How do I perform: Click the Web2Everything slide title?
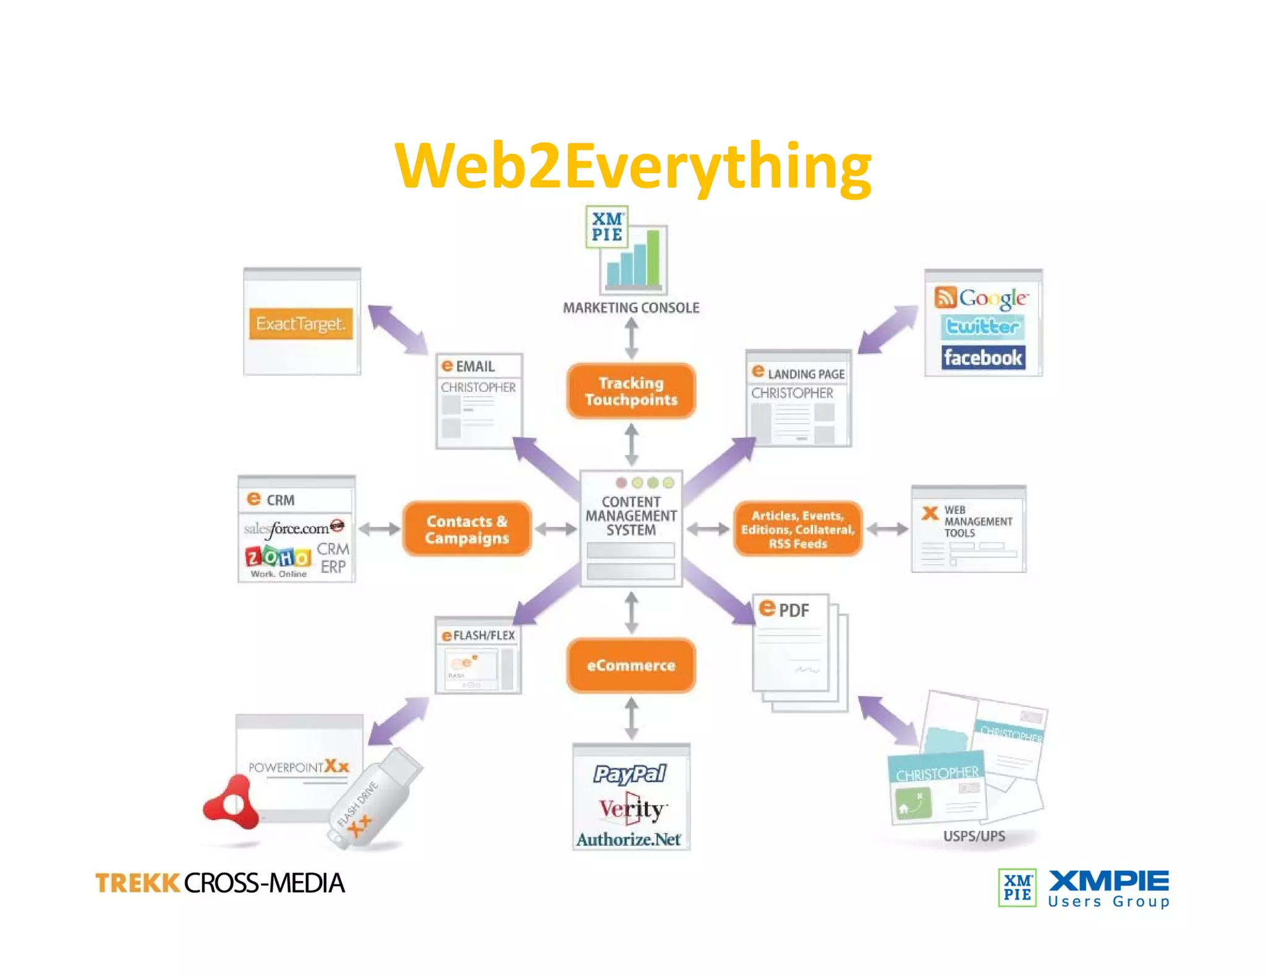pos(632,166)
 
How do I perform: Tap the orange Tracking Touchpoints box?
pos(631,391)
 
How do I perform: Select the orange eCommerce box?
pos(631,665)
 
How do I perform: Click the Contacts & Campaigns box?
pos(467,529)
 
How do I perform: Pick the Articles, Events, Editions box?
pos(797,529)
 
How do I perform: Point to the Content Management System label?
pos(631,516)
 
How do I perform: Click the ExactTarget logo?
pos(301,323)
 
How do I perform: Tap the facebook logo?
pos(983,357)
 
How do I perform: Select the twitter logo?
pos(983,326)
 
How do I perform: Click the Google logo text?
pos(993,299)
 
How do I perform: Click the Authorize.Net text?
pos(629,839)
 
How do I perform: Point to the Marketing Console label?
pos(631,307)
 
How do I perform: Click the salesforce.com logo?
pos(291,528)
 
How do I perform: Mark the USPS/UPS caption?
pos(974,836)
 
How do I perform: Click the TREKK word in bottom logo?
pos(137,883)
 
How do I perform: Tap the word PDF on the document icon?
pos(793,611)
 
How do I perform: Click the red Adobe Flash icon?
pos(232,804)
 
